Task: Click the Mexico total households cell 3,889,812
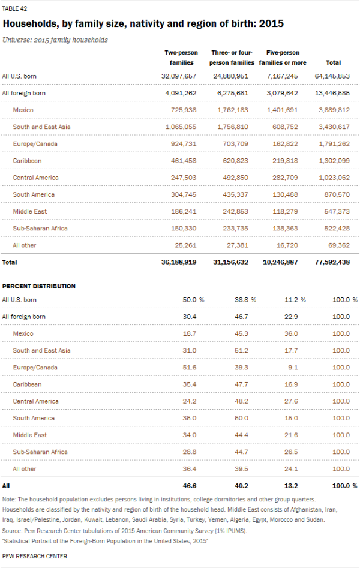[x=334, y=110]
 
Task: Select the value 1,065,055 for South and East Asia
[x=181, y=127]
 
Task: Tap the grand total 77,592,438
[x=332, y=262]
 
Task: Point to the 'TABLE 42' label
[x=14, y=8]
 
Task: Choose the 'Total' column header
[x=333, y=62]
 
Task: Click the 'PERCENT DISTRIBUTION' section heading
[x=39, y=286]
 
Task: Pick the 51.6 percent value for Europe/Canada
[x=189, y=367]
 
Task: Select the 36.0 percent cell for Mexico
[x=291, y=333]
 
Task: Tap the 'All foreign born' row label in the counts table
[x=24, y=93]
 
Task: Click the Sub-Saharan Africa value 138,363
[x=285, y=228]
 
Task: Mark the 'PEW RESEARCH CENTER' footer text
[x=35, y=556]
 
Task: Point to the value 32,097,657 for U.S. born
[x=179, y=76]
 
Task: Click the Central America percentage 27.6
[x=291, y=401]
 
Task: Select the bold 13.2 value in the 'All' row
[x=291, y=486]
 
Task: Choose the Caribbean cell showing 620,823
[x=235, y=161]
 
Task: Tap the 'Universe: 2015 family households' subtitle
[x=55, y=40]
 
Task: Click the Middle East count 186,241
[x=184, y=212]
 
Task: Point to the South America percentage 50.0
[x=241, y=418]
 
